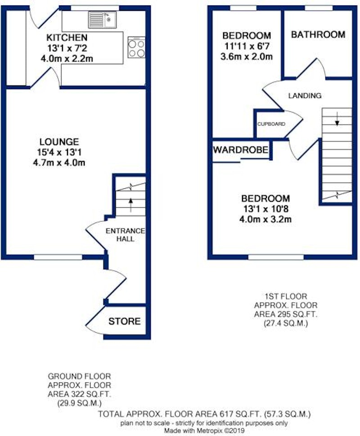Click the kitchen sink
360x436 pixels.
[x=103, y=20]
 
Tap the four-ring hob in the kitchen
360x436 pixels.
[x=136, y=47]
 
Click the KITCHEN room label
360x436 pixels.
[x=67, y=37]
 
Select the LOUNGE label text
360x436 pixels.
[x=59, y=142]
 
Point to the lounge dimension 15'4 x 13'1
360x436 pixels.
[x=59, y=152]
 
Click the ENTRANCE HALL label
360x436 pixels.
[x=125, y=235]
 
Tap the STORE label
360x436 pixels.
[x=125, y=322]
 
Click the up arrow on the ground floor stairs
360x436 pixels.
[x=130, y=205]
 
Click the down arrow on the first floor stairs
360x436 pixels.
[x=337, y=119]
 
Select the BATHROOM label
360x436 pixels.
[x=318, y=35]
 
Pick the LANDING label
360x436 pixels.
[x=305, y=95]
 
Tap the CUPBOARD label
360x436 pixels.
[x=271, y=124]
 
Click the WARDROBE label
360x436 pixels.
[x=241, y=150]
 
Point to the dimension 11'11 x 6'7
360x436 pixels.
[x=247, y=46]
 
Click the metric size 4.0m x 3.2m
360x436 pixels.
[x=265, y=219]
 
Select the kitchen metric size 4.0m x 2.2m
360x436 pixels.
[x=67, y=59]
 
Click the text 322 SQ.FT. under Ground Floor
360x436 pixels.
[x=79, y=394]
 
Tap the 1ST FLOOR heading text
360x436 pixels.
[x=286, y=296]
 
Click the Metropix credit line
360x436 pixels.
[x=204, y=431]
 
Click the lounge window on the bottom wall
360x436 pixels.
[x=58, y=257]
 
